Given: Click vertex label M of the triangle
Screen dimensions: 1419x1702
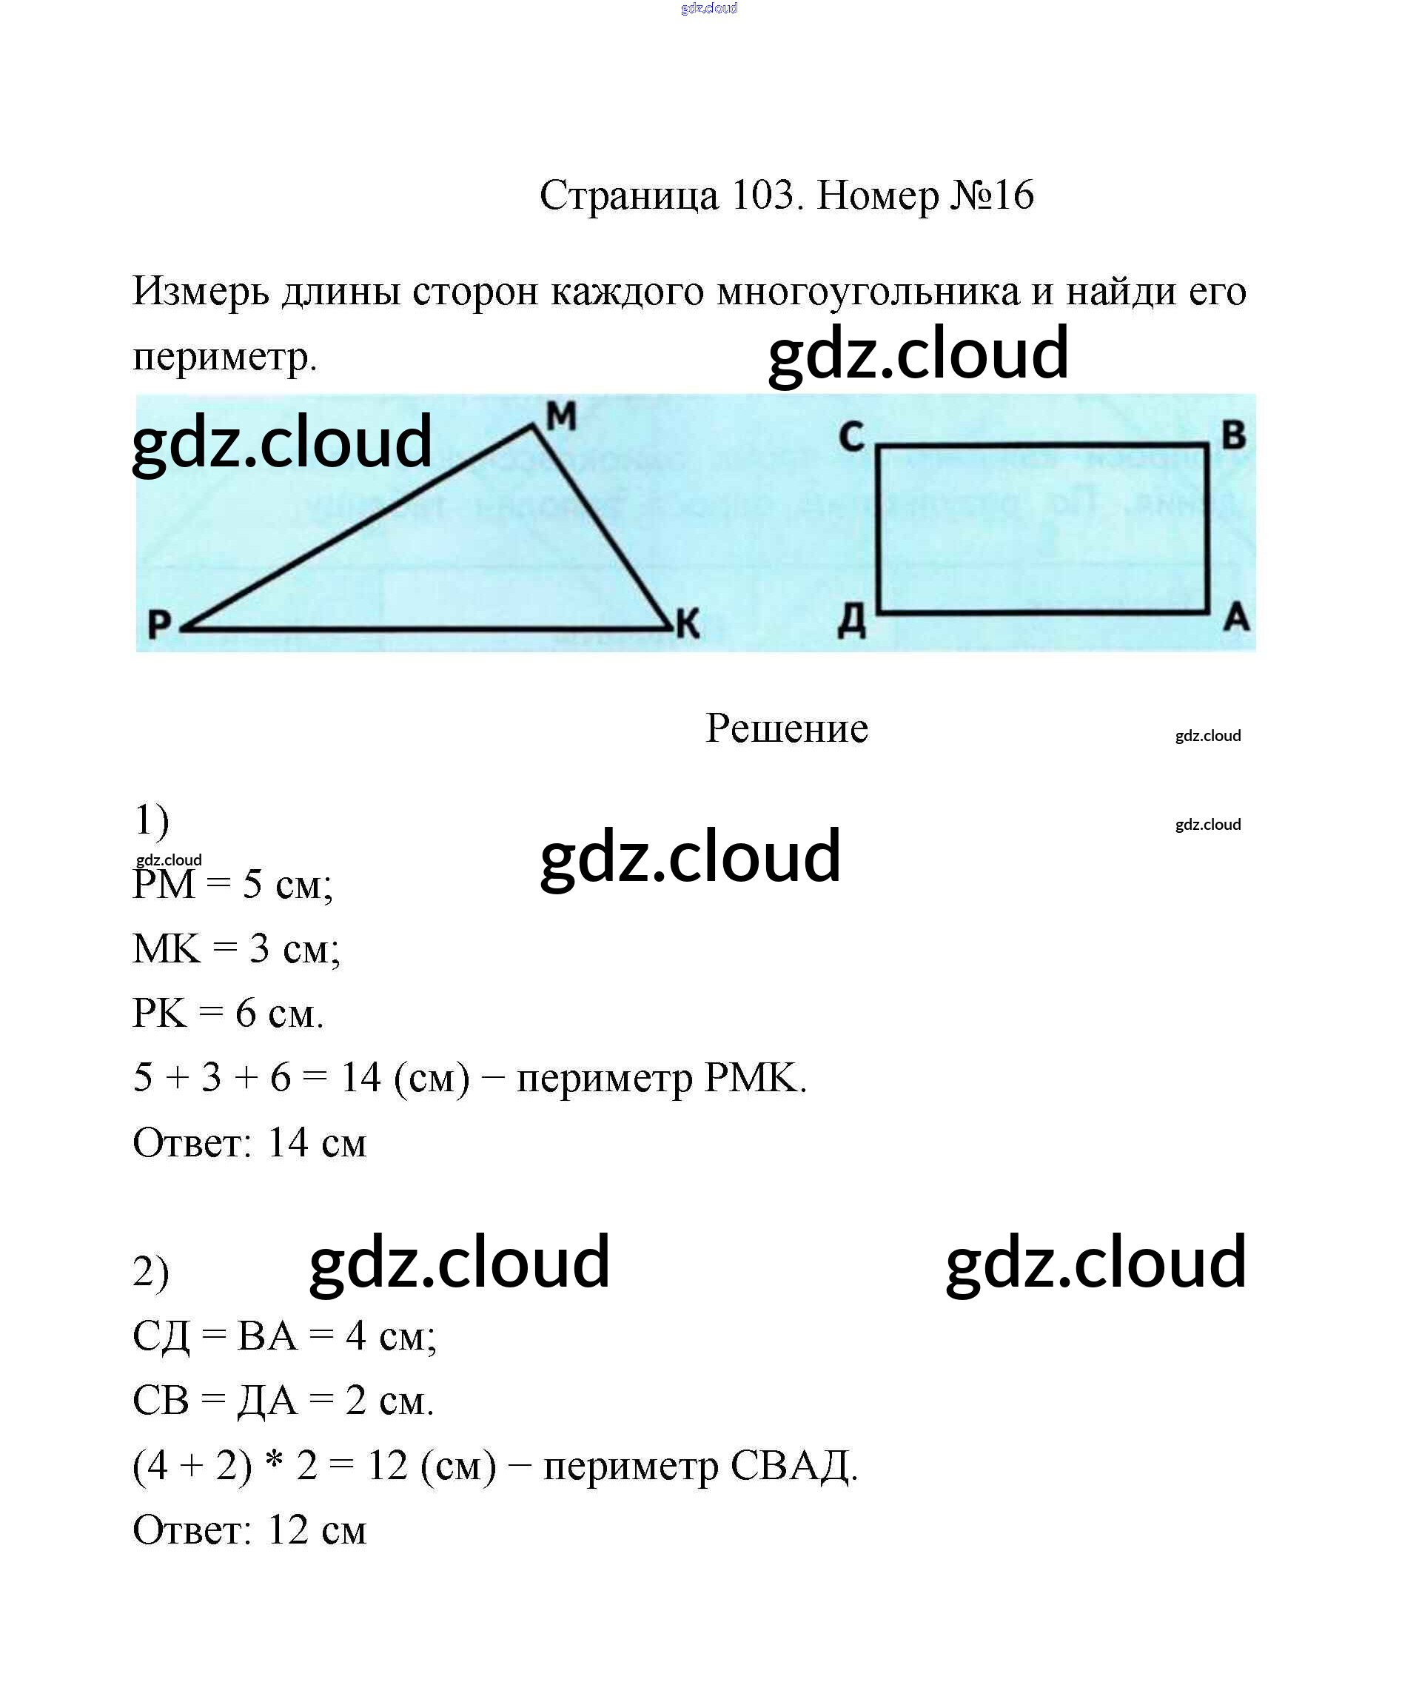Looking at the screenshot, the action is pyautogui.click(x=561, y=417).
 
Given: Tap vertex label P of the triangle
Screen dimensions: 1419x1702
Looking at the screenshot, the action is pyautogui.click(x=160, y=625).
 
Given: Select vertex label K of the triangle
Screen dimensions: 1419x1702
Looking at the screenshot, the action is pyautogui.click(x=687, y=624).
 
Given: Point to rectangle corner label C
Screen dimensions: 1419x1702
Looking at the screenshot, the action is pyautogui.click(x=851, y=437).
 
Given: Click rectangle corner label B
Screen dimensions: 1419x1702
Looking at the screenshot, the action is pyautogui.click(x=1233, y=435).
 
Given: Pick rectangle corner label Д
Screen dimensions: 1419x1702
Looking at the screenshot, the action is pyautogui.click(x=851, y=623).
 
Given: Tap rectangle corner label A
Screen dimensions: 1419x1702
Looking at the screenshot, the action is pyautogui.click(x=1236, y=618).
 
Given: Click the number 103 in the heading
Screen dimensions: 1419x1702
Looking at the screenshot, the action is pyautogui.click(x=762, y=195).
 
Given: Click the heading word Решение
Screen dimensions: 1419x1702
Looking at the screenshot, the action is pyautogui.click(x=786, y=728).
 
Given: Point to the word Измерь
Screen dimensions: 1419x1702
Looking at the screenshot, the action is pyautogui.click(x=200, y=291).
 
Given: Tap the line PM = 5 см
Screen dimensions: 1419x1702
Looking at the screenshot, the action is pyautogui.click(x=232, y=884).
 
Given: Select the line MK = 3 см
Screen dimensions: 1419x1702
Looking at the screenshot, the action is pyautogui.click(x=236, y=948).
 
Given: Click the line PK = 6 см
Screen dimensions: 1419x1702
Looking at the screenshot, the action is pyautogui.click(x=228, y=1013).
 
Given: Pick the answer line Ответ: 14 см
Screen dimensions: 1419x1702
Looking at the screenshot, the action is pyautogui.click(x=249, y=1143).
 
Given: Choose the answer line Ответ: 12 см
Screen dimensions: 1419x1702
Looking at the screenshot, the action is pyautogui.click(x=249, y=1530).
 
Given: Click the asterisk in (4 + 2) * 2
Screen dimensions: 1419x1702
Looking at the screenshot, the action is pyautogui.click(x=275, y=1464).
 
